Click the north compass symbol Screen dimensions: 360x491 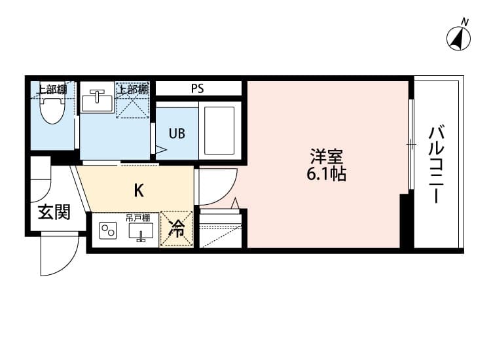coord(460,38)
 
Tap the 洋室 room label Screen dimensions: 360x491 coord(326,158)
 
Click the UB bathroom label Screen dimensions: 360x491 coord(177,134)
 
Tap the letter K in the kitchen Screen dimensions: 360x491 coord(139,190)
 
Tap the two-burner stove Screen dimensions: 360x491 coord(107,231)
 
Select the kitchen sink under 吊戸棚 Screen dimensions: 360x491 coord(141,231)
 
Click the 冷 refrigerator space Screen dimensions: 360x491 coord(176,229)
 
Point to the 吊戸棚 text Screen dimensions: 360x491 coord(138,217)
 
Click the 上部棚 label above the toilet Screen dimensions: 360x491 coord(51,89)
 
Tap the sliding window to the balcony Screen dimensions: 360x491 coord(410,144)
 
